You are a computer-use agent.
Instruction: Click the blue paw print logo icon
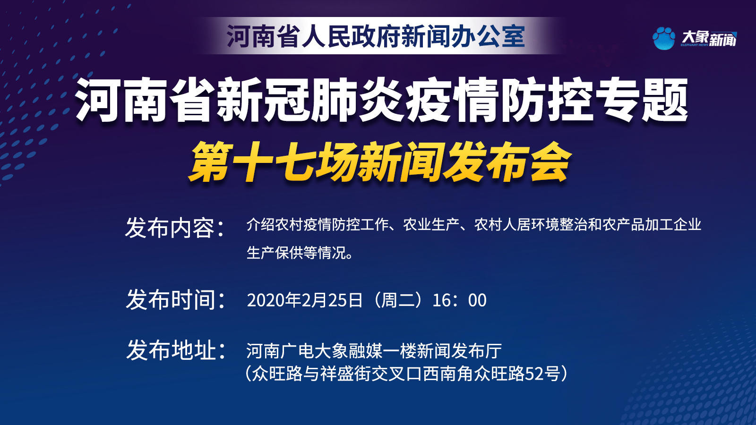click(x=664, y=38)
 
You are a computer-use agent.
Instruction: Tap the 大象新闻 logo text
click(x=709, y=38)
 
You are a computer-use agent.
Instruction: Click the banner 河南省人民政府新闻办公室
click(x=376, y=36)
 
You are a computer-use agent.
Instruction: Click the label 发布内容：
click(x=175, y=228)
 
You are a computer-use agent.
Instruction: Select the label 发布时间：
click(x=175, y=299)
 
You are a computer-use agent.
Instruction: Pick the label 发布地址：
click(x=175, y=350)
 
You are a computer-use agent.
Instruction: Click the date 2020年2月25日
click(x=305, y=300)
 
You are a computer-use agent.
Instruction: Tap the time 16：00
click(x=459, y=300)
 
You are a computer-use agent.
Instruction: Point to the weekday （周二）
click(x=397, y=300)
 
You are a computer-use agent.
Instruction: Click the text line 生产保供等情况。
click(x=300, y=253)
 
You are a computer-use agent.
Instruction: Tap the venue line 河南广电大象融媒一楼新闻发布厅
click(x=374, y=351)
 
